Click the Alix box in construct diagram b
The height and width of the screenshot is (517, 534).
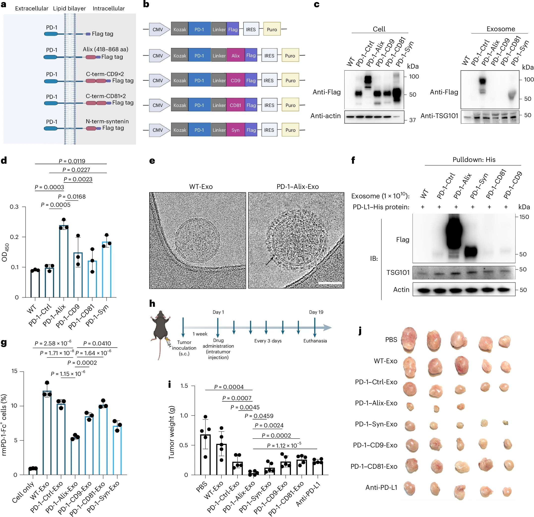[236, 55]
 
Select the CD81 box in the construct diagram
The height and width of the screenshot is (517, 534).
[236, 105]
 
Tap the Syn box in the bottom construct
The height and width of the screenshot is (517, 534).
[236, 130]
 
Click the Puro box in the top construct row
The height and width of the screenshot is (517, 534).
[272, 29]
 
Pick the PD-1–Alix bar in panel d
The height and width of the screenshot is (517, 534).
[64, 261]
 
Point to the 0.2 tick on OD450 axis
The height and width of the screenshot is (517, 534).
[14, 237]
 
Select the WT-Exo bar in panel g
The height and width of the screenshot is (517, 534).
[47, 433]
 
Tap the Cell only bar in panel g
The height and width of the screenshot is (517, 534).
[33, 471]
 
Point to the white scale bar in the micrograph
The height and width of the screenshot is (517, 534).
[330, 283]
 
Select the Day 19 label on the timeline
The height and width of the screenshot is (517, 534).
[316, 312]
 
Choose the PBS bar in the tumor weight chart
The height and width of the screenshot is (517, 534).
[206, 454]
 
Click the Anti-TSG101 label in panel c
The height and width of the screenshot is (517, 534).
[439, 116]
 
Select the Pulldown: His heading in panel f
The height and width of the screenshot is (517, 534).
[474, 160]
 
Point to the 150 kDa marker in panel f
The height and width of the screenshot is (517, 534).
[524, 217]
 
